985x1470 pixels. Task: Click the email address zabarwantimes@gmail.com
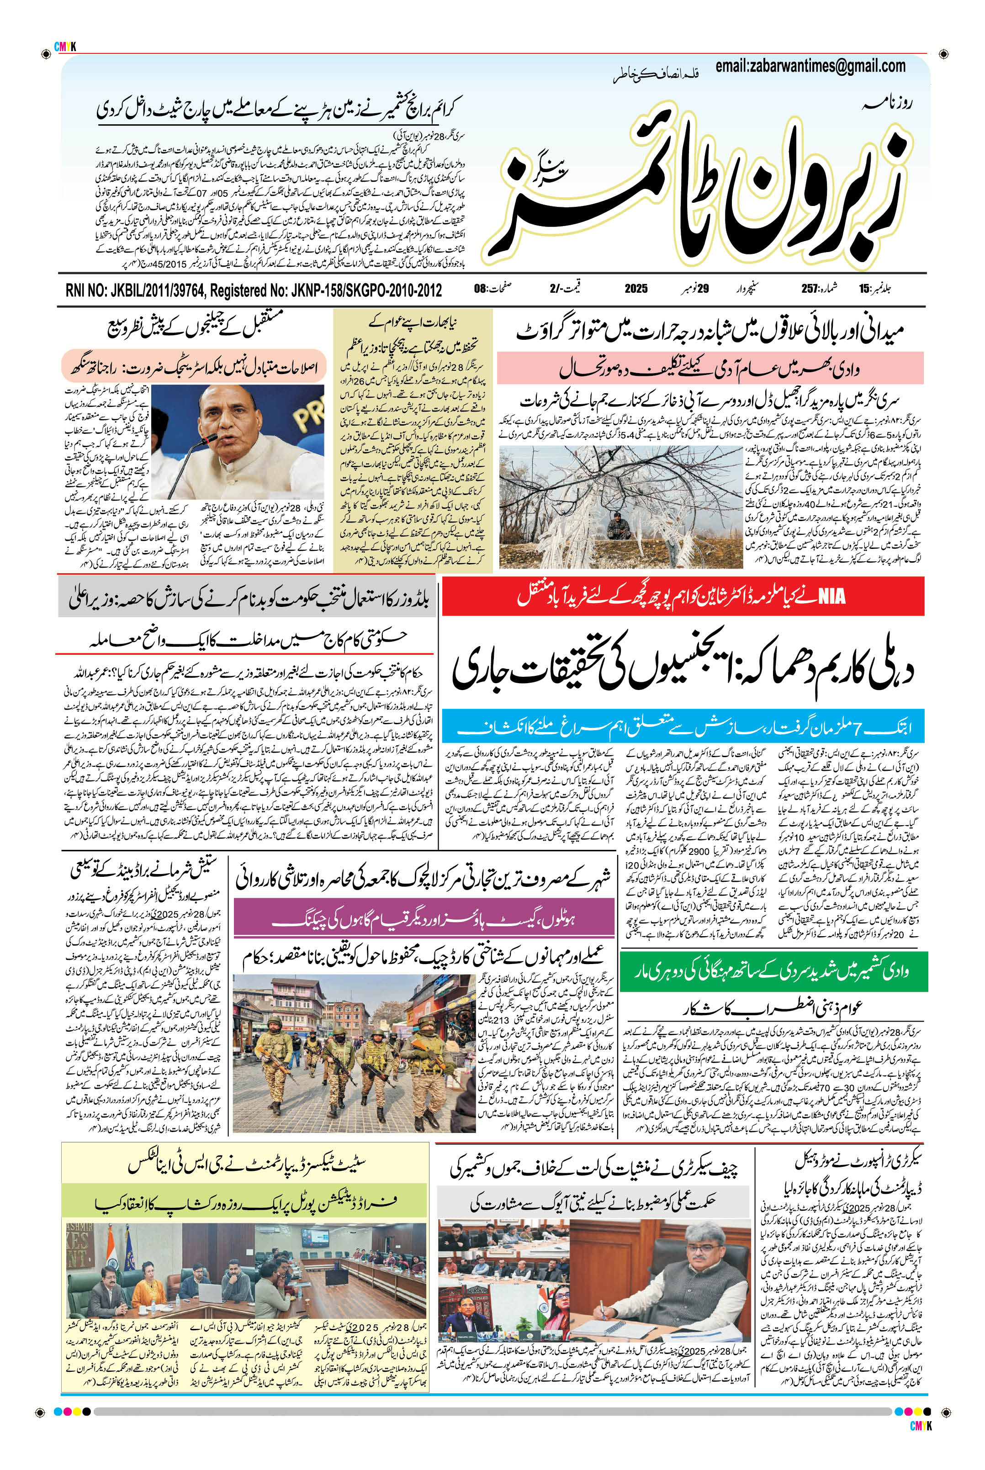[810, 66]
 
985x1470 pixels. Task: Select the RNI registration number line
[253, 290]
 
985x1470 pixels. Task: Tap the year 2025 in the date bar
[636, 290]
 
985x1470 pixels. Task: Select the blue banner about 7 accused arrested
[683, 727]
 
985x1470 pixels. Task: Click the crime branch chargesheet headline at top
[280, 109]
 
